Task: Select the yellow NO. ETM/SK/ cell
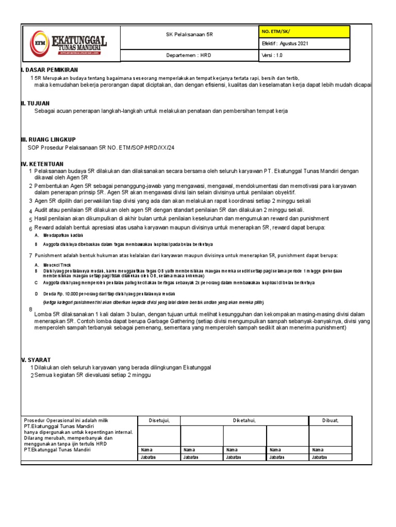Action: point(305,32)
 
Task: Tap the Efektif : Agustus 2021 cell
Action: point(305,44)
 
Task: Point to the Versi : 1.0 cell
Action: point(305,56)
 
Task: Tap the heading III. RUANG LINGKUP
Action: point(48,139)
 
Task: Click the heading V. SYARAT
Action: point(36,359)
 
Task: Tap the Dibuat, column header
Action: point(331,421)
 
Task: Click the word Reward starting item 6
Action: point(45,227)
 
